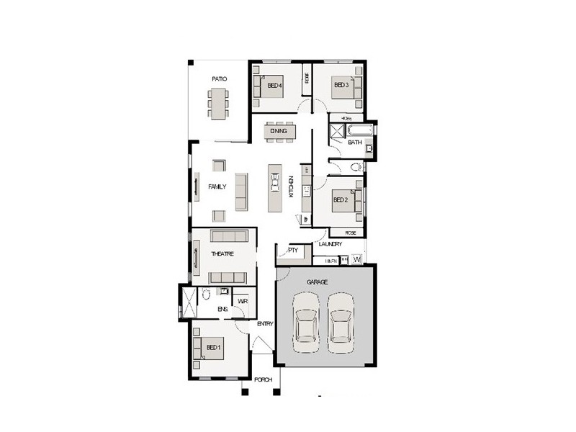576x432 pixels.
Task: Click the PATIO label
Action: coord(220,78)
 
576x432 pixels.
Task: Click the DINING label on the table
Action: coord(279,131)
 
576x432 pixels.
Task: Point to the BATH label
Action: coord(355,143)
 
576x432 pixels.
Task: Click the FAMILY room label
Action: coord(217,186)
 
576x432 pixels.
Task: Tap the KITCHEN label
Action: coord(292,186)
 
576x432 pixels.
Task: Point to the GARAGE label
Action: coord(318,282)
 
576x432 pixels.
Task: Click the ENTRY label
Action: coord(265,324)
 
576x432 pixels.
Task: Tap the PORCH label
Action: coord(264,379)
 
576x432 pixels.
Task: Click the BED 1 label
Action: coord(214,348)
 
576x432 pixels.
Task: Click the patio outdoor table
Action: coord(220,103)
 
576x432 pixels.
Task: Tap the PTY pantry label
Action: coord(293,250)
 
